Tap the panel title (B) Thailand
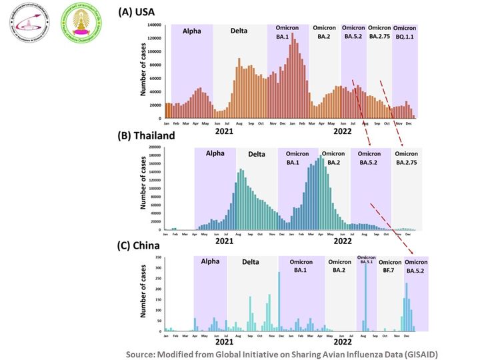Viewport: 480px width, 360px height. point(146,136)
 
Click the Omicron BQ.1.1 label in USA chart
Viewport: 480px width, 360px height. point(405,33)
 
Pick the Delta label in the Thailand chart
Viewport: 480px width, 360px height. point(257,154)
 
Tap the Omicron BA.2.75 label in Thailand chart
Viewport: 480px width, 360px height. point(407,158)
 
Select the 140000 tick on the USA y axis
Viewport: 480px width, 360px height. point(155,25)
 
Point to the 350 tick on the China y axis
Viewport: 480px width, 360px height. point(158,257)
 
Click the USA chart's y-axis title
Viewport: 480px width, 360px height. point(143,72)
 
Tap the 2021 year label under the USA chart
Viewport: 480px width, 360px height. point(225,132)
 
